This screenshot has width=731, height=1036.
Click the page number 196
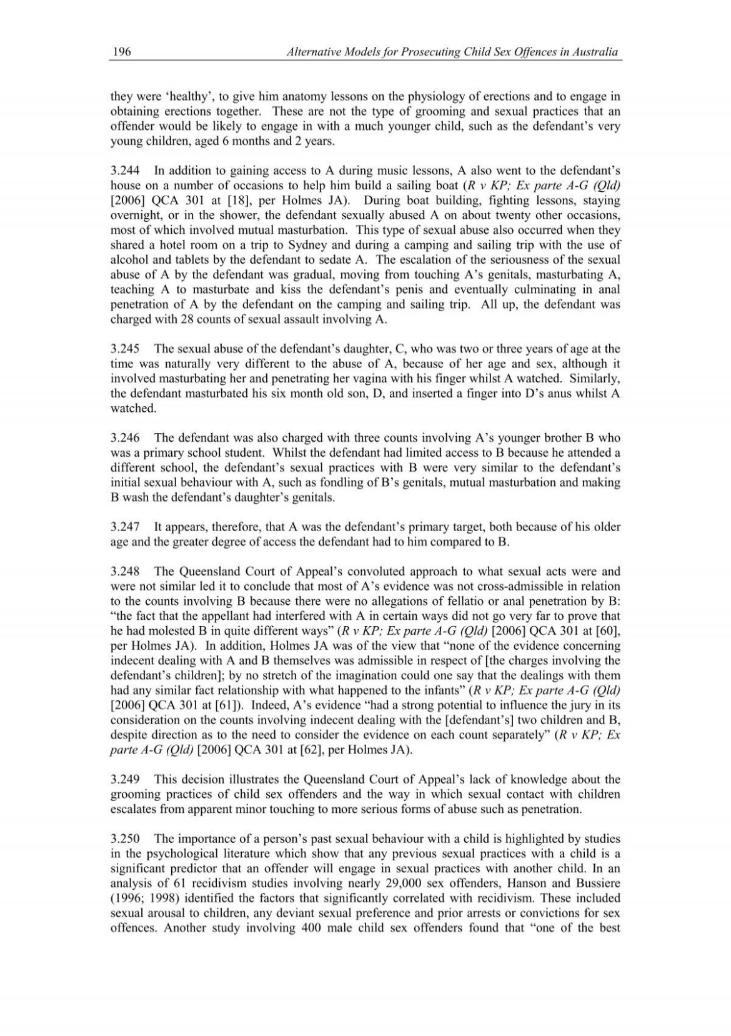click(120, 52)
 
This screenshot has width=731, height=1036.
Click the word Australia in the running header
click(595, 52)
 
